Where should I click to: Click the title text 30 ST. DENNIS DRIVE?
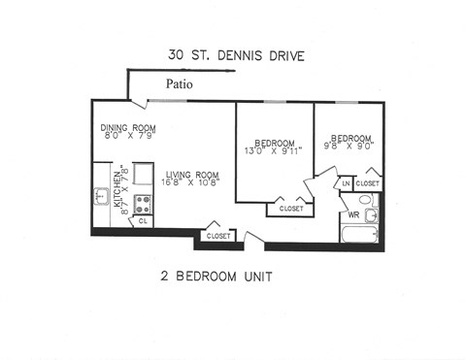[235, 56]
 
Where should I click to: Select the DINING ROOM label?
[128, 128]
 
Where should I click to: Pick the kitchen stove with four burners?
[142, 204]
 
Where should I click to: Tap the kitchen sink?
[102, 197]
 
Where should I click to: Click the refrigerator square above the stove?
[142, 175]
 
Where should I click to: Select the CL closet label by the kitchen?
[142, 222]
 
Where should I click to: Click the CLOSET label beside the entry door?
[217, 236]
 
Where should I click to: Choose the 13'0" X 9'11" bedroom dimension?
[274, 152]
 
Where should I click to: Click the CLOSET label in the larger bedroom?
[290, 209]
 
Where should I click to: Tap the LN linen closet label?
[345, 182]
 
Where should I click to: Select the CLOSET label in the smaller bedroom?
[368, 182]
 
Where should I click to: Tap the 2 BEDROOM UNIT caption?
[216, 277]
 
